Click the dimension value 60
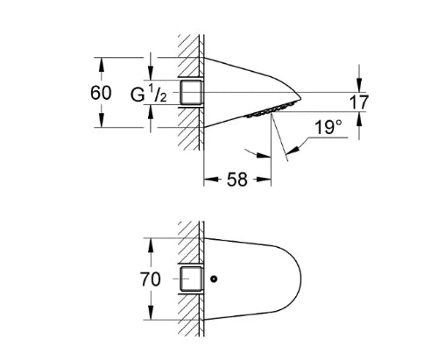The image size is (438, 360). (101, 93)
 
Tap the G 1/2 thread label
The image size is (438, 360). (148, 94)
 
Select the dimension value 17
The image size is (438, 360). (359, 102)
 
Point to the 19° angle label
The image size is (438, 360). (328, 127)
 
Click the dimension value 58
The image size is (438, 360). (237, 180)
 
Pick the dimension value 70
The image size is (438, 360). (151, 279)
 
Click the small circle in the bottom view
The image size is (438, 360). (214, 279)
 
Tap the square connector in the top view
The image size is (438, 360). (191, 92)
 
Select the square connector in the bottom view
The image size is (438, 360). (191, 279)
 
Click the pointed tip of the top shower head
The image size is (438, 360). (300, 98)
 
